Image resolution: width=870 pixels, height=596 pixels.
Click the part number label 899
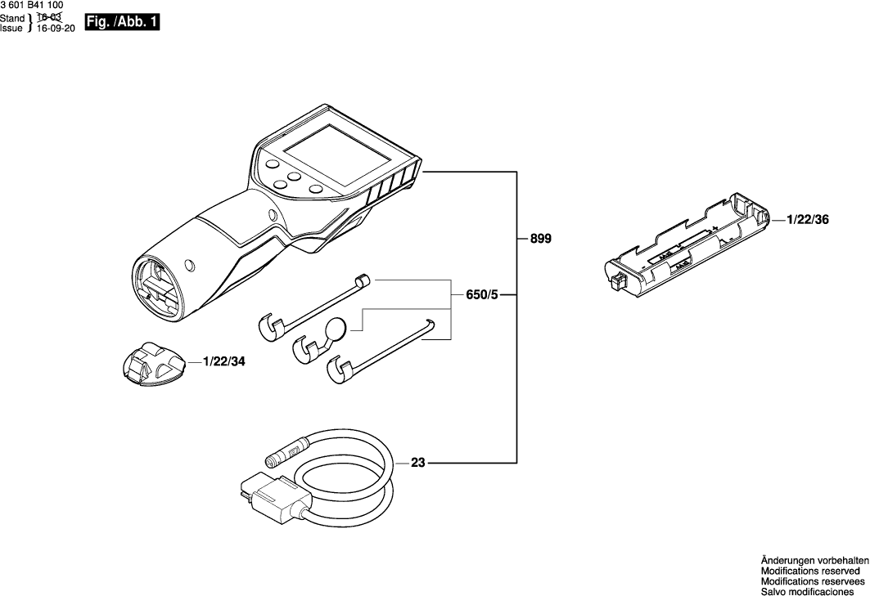click(541, 240)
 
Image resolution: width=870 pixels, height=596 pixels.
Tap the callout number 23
click(418, 463)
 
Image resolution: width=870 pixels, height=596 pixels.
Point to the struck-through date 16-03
click(50, 17)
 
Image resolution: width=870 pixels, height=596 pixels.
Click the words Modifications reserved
click(809, 571)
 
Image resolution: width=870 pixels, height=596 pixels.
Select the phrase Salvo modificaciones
click(808, 591)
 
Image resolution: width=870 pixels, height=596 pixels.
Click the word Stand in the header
click(12, 16)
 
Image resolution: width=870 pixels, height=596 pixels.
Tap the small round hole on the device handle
click(190, 265)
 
